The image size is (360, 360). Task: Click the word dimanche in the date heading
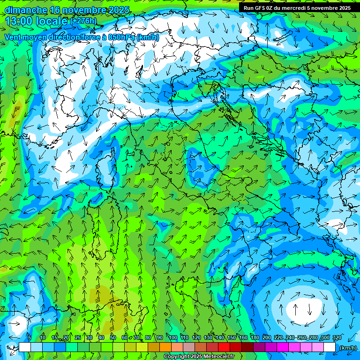click(25, 9)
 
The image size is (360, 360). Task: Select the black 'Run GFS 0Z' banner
click(297, 8)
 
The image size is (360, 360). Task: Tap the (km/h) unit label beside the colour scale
click(348, 347)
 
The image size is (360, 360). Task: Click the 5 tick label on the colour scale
click(30, 338)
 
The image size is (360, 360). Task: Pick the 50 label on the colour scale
click(113, 338)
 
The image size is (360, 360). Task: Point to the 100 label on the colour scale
click(173, 338)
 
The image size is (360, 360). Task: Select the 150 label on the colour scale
click(232, 338)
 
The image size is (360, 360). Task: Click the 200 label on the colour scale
click(267, 338)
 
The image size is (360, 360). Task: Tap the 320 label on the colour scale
click(337, 338)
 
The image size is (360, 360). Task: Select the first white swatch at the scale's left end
click(25, 347)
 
